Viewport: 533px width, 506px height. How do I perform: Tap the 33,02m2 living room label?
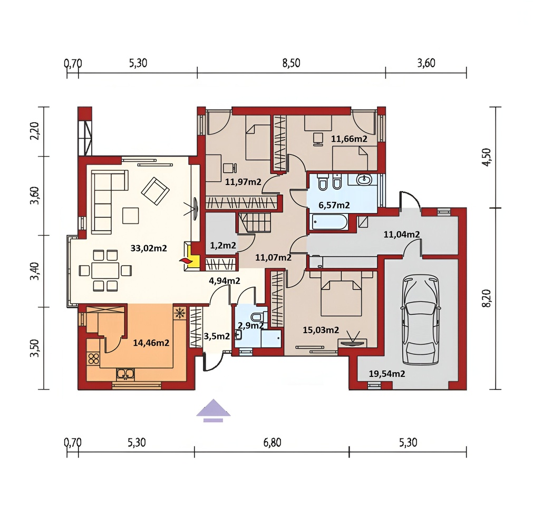click(x=149, y=248)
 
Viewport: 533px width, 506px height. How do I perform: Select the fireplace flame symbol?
click(x=186, y=261)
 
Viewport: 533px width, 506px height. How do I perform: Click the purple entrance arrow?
click(x=213, y=410)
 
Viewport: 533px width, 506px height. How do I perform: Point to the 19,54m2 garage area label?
click(x=387, y=374)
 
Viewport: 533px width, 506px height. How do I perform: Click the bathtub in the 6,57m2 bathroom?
click(x=328, y=223)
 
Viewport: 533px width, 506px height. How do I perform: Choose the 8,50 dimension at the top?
click(x=292, y=63)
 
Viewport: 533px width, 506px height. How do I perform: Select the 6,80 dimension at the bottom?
click(x=272, y=443)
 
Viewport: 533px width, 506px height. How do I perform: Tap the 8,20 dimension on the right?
click(x=487, y=298)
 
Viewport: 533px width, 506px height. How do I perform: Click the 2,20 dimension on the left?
click(x=35, y=131)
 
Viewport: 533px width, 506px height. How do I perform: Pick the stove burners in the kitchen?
click(x=93, y=359)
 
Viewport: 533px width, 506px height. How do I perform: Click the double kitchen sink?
click(x=125, y=374)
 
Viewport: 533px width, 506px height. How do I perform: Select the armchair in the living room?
click(x=155, y=191)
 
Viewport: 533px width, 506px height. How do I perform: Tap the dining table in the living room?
click(x=105, y=270)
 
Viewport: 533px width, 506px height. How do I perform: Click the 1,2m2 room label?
click(x=223, y=245)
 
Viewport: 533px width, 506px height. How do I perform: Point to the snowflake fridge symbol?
click(x=179, y=314)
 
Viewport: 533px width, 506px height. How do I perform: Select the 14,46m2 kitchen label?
click(x=151, y=343)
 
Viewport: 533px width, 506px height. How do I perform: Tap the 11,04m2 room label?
click(x=401, y=235)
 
